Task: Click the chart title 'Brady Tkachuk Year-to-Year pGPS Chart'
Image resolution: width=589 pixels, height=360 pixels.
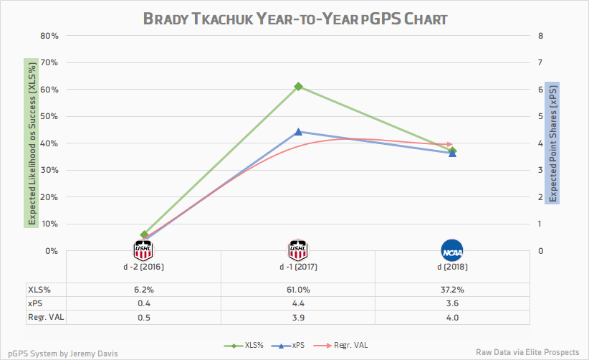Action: [295, 19]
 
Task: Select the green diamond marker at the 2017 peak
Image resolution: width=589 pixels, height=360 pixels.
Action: [298, 87]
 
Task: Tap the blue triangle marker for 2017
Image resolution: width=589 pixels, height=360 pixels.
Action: [298, 132]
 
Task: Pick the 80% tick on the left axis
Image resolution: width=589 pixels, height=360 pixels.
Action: [49, 36]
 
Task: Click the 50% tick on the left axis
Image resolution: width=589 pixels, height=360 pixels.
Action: [49, 116]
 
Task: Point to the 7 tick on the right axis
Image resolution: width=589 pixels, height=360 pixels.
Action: [540, 62]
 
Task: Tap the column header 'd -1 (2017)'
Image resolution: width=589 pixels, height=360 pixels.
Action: [298, 267]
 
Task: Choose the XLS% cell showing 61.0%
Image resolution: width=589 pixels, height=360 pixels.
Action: [298, 290]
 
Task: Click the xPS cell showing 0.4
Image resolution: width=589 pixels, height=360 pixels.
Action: [143, 303]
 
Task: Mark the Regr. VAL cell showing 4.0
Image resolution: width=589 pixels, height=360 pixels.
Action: [452, 317]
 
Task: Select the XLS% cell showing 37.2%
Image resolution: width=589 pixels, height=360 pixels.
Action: [452, 290]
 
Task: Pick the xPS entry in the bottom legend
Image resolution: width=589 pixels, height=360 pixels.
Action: [292, 344]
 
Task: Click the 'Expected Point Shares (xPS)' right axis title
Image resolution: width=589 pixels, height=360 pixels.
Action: [552, 143]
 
